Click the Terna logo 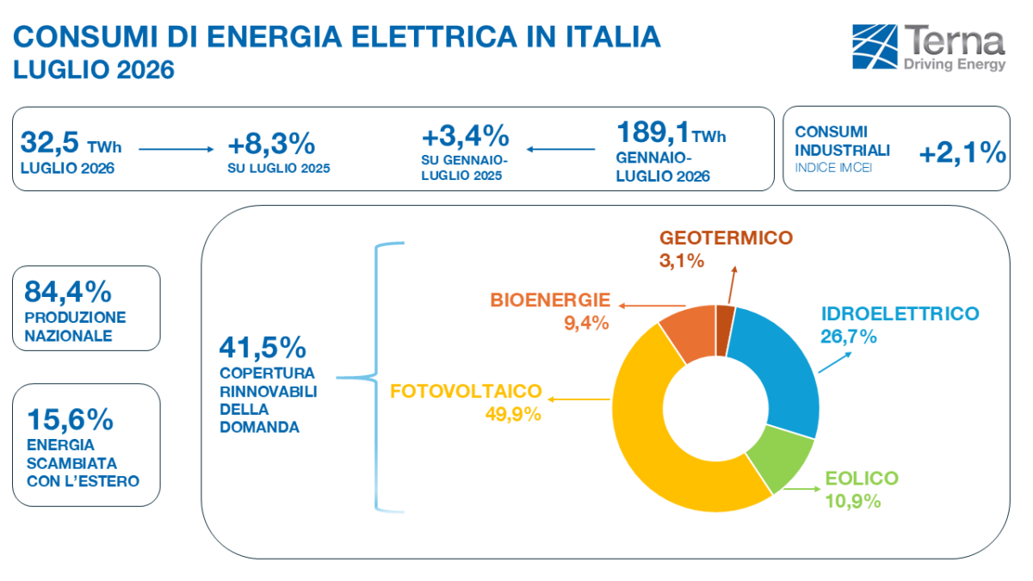tap(928, 48)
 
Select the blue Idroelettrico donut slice tap(779, 364)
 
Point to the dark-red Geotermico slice tap(725, 331)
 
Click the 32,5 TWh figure tap(71, 143)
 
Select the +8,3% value tap(271, 144)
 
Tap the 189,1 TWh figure tap(671, 133)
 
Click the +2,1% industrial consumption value tap(962, 152)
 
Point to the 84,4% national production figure tap(68, 292)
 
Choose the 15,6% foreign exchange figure tap(70, 419)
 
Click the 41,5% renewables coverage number tap(263, 347)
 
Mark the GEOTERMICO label tap(727, 238)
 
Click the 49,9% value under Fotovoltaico tap(513, 414)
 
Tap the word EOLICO tap(862, 479)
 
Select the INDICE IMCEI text tap(833, 168)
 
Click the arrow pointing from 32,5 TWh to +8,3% tap(176, 149)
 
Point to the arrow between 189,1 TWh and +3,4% tap(560, 149)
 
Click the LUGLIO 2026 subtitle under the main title tap(94, 70)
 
